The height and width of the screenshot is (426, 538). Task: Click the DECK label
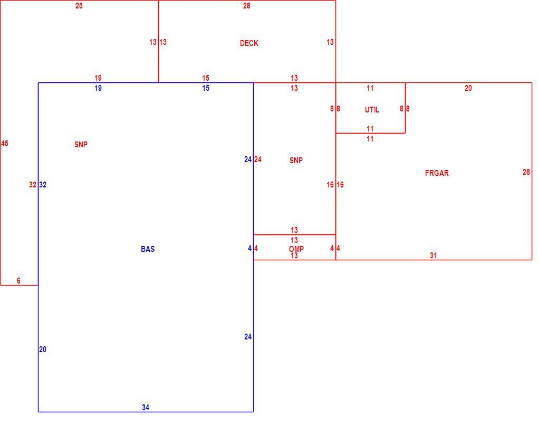point(249,43)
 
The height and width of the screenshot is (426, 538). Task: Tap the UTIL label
point(372,110)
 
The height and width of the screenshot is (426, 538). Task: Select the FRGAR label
point(437,173)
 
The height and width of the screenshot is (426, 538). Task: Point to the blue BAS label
point(148,249)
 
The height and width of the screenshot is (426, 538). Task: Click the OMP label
point(296,249)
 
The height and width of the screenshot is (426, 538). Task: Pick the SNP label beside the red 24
point(296,160)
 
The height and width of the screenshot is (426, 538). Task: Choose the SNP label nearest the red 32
point(81,145)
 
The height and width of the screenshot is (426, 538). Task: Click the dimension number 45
point(4,144)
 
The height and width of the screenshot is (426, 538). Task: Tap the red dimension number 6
point(18,281)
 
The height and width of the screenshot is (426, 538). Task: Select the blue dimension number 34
point(146,408)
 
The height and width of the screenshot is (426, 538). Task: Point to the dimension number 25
point(79,6)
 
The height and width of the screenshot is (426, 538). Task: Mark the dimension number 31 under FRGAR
point(434,255)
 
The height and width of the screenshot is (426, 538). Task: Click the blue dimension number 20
point(43,349)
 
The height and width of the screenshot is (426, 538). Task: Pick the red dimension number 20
point(468,88)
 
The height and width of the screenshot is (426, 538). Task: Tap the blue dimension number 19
point(98,88)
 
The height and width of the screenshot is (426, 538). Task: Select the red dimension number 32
point(33,185)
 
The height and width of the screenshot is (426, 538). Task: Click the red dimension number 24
point(258,159)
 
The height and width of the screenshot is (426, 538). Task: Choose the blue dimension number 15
point(206,88)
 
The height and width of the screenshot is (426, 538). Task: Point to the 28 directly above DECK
point(247,6)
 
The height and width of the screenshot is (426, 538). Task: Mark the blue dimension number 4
point(250,248)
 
